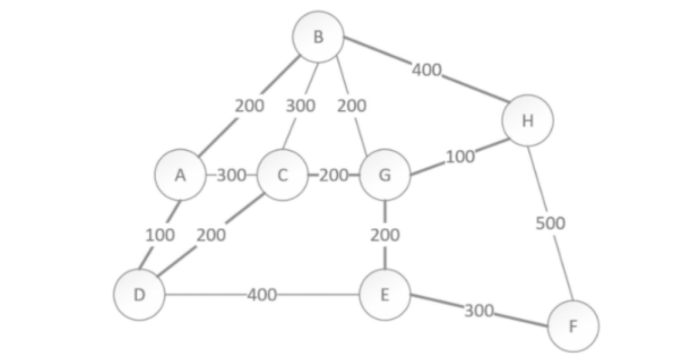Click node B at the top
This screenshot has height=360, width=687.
click(318, 37)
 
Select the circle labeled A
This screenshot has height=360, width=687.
click(180, 175)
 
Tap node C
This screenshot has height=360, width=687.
click(282, 175)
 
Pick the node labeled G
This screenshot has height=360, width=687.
click(385, 175)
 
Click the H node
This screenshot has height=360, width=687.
click(528, 120)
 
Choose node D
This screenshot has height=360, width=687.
click(139, 295)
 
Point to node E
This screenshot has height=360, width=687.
click(385, 295)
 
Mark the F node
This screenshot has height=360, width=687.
click(573, 326)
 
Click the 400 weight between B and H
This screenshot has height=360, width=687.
click(427, 70)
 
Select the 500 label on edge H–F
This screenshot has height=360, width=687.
click(550, 223)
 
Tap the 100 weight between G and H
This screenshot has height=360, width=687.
click(460, 157)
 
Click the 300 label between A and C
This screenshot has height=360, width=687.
click(232, 175)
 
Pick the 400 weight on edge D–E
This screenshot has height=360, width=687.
click(262, 295)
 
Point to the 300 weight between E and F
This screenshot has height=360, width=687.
click(480, 310)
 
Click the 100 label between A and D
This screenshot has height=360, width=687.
click(160, 235)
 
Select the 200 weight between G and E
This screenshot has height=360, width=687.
click(385, 235)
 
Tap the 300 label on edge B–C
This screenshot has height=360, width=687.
click(301, 106)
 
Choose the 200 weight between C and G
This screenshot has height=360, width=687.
click(334, 175)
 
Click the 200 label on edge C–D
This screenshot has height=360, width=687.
click(211, 235)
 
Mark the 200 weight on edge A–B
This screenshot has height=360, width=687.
click(250, 106)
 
